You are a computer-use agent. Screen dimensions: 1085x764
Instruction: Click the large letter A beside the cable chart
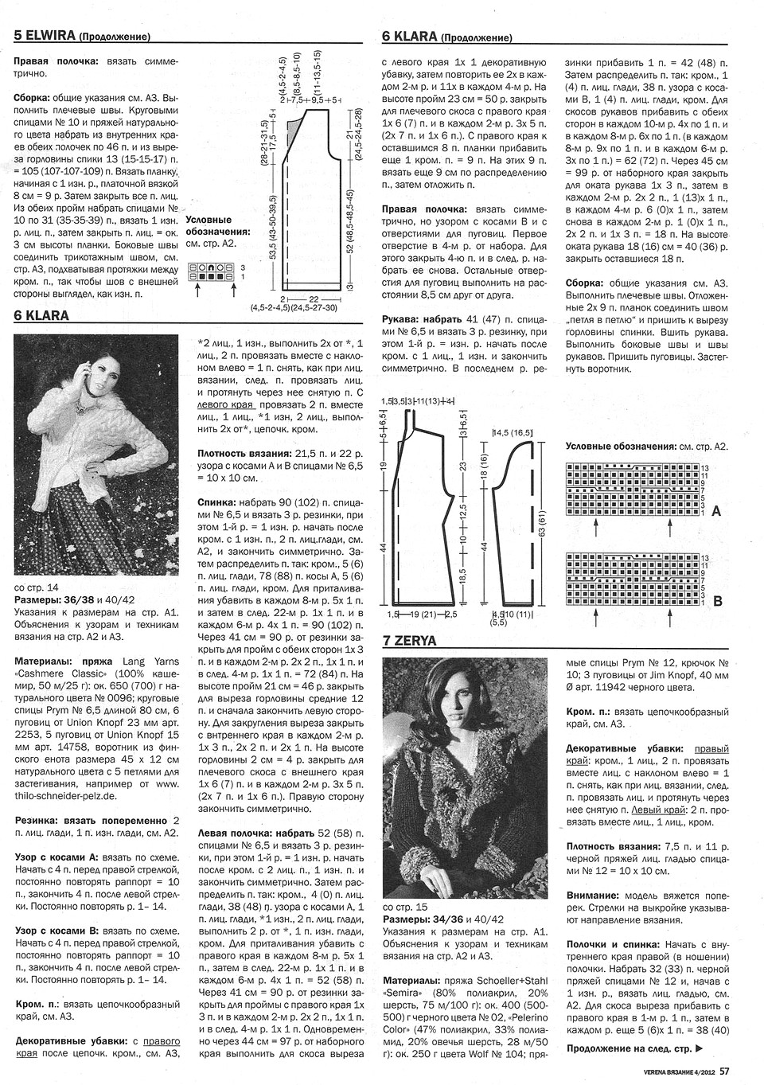point(715,512)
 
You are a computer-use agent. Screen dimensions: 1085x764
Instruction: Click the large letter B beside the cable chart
point(716,602)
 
